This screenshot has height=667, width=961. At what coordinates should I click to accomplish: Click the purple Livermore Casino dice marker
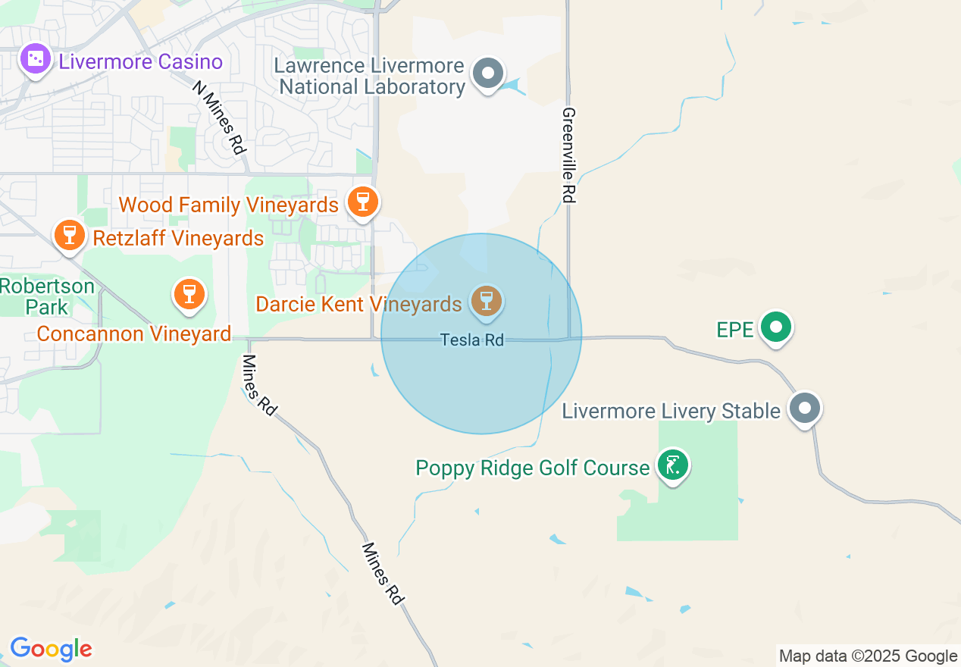point(35,60)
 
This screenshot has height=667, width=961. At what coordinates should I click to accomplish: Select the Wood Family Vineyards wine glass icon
point(362,202)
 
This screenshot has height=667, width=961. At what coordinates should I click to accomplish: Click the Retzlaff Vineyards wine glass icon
point(70,235)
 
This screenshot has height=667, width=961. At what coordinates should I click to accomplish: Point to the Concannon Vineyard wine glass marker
point(189,293)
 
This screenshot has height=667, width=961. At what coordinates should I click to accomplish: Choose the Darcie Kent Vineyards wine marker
point(487,301)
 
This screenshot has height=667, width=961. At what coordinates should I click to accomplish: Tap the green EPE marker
point(776,327)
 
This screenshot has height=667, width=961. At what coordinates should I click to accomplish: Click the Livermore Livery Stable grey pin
point(805,409)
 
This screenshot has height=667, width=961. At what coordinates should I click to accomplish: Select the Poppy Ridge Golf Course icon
point(671,465)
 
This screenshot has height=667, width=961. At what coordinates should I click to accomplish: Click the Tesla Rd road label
point(472,340)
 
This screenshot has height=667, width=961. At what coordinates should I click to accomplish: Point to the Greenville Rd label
point(569,155)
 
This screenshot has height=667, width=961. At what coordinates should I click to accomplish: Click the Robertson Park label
point(47,297)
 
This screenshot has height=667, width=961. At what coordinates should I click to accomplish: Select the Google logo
point(51,649)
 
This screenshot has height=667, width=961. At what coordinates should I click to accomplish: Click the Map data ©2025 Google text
point(868,656)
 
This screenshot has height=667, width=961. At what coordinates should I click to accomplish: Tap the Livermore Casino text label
point(140,61)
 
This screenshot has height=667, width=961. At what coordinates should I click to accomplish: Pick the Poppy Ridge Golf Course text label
point(532,468)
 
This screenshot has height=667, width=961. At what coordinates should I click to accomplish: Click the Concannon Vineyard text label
point(133,333)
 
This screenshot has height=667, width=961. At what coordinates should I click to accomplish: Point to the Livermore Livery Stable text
point(671,411)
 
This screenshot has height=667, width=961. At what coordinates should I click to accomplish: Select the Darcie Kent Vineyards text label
point(358,304)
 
